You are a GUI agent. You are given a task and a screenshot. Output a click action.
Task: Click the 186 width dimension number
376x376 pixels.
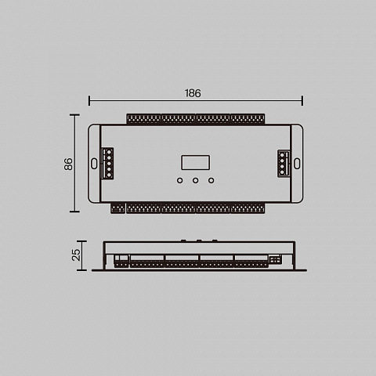coord(193,93)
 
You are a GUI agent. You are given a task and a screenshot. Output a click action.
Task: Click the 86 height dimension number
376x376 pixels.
coord(68,164)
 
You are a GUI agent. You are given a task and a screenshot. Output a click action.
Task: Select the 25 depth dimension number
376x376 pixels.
coord(76,255)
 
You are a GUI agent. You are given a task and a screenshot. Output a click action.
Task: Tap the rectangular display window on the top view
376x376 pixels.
coord(196,162)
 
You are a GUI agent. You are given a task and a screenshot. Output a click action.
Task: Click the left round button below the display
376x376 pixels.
coord(179,180)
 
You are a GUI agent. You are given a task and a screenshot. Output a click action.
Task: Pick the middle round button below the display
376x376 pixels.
coord(195,180)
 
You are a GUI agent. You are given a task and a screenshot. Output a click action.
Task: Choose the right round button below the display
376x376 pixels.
coord(211,180)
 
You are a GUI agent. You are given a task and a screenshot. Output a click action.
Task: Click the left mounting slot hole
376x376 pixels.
coord(94,164)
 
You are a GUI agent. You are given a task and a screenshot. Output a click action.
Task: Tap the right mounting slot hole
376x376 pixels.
coord(297,164)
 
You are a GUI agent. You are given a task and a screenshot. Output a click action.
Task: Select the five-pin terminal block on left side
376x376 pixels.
coord(107,164)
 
